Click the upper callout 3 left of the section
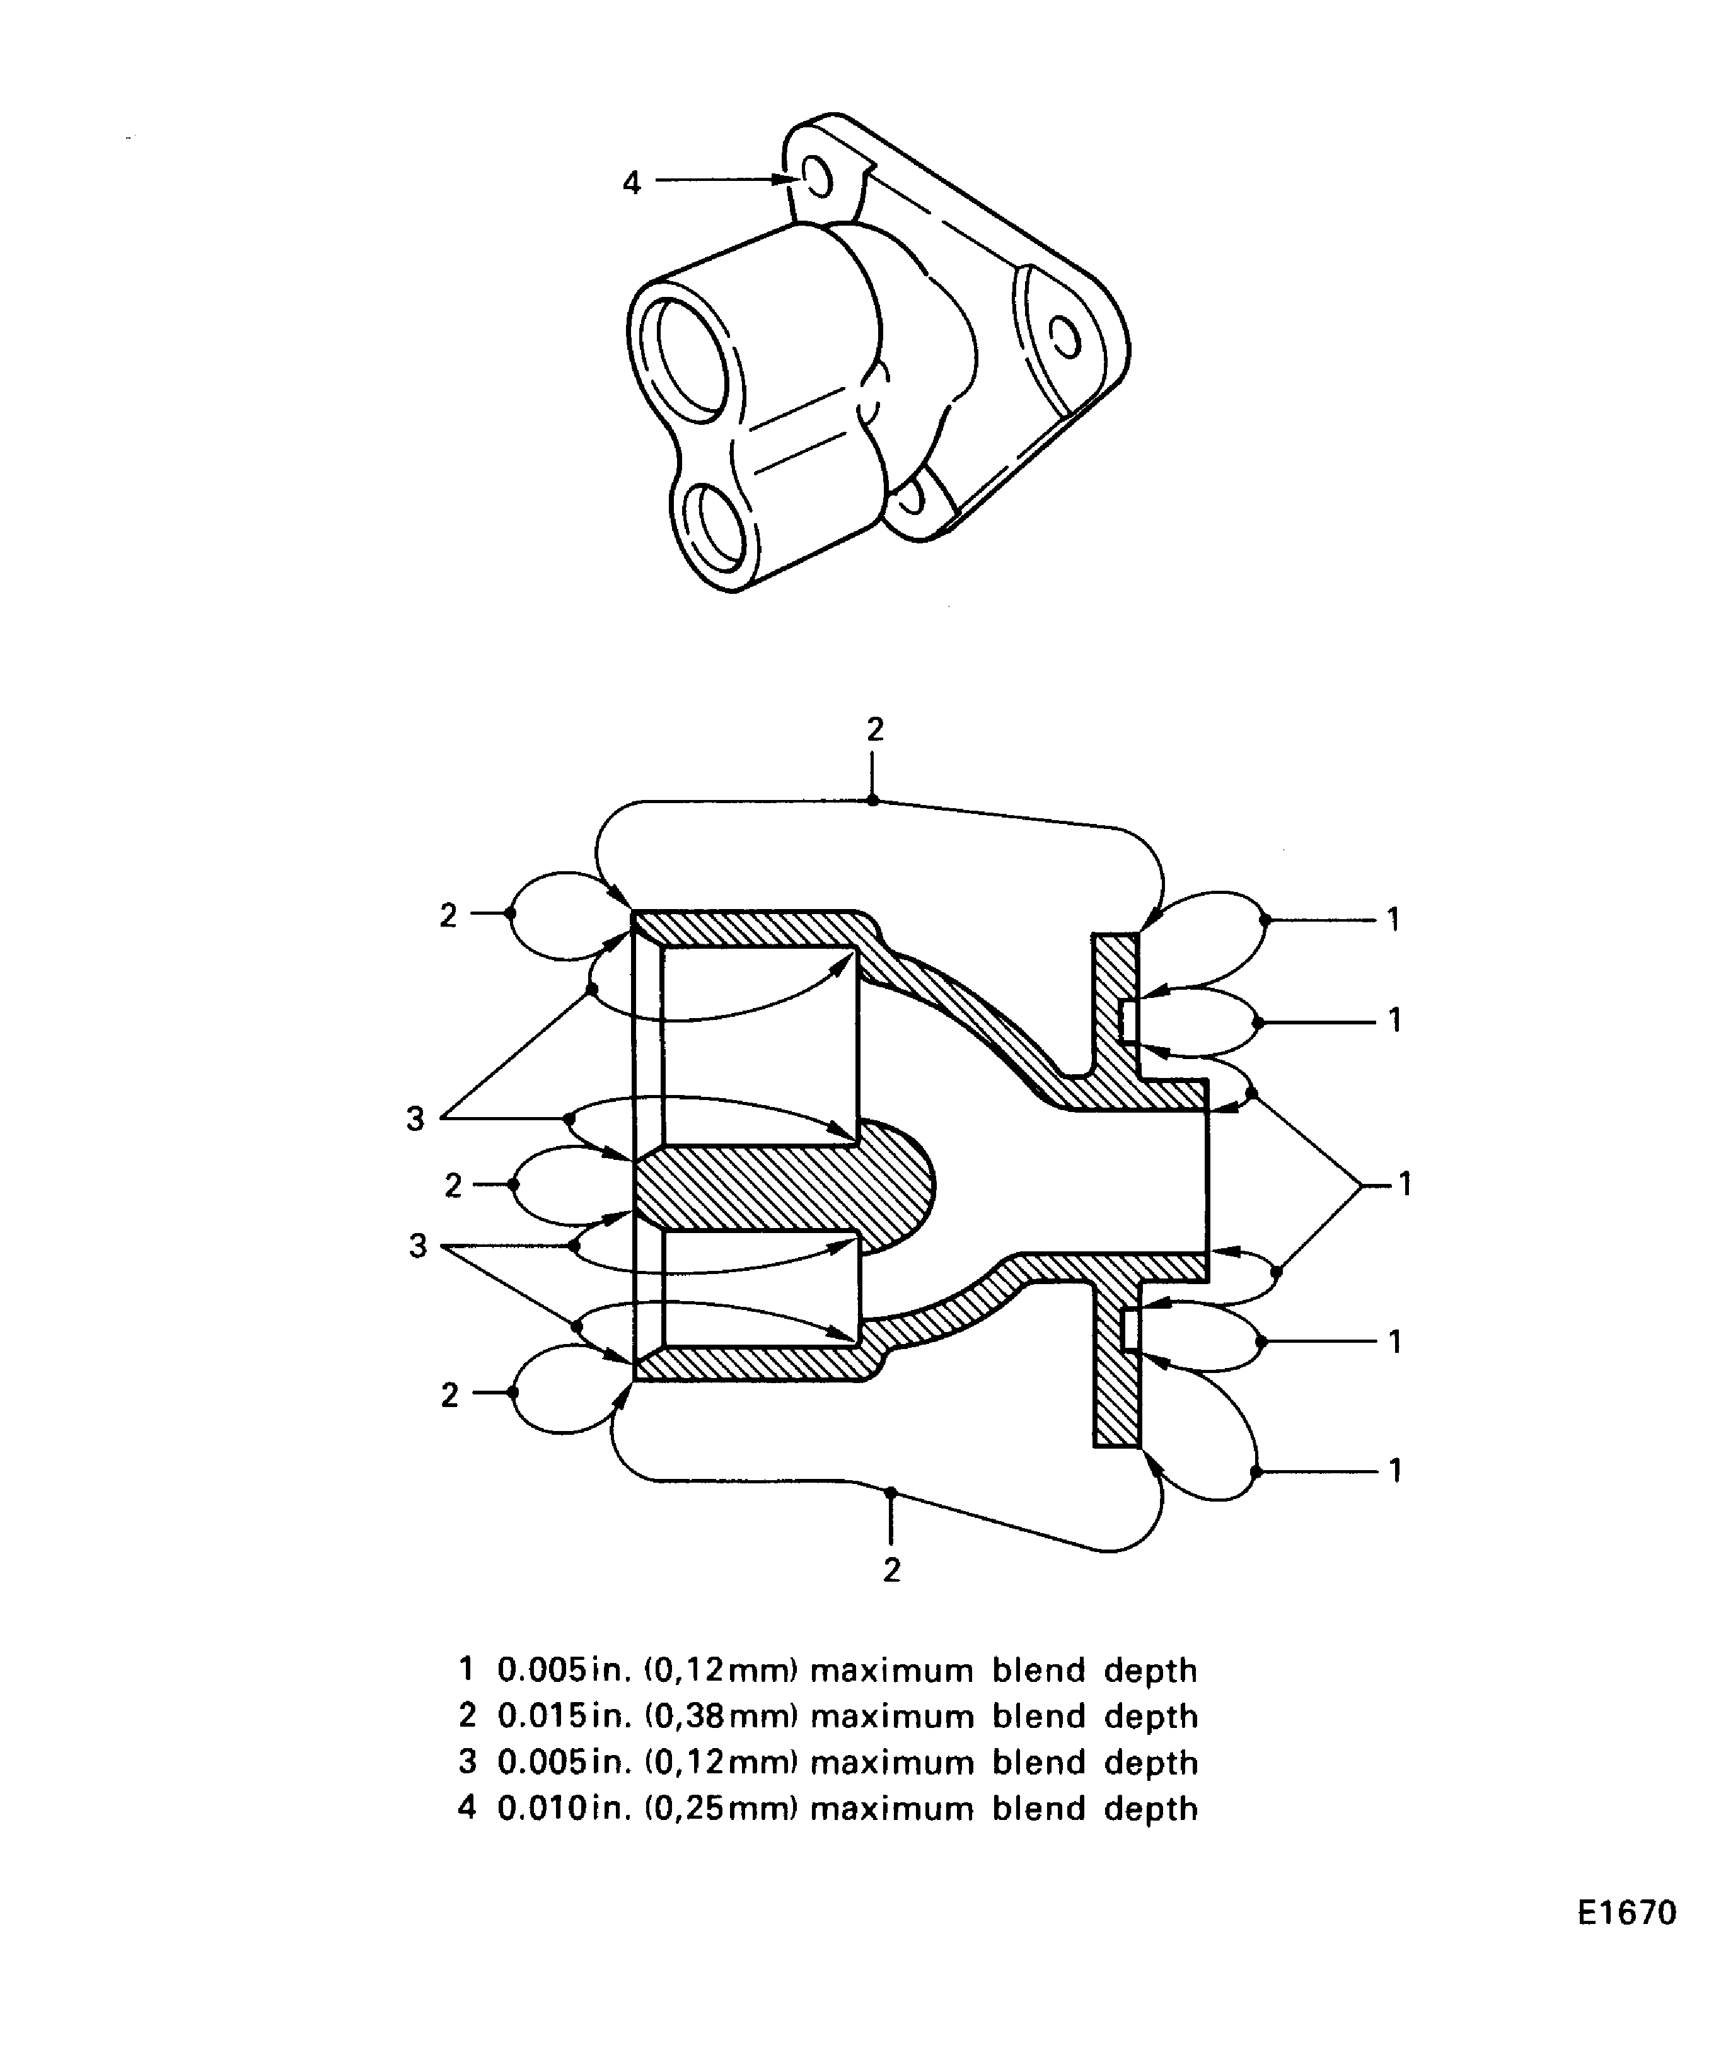click(415, 1118)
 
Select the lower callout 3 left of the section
click(418, 1247)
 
